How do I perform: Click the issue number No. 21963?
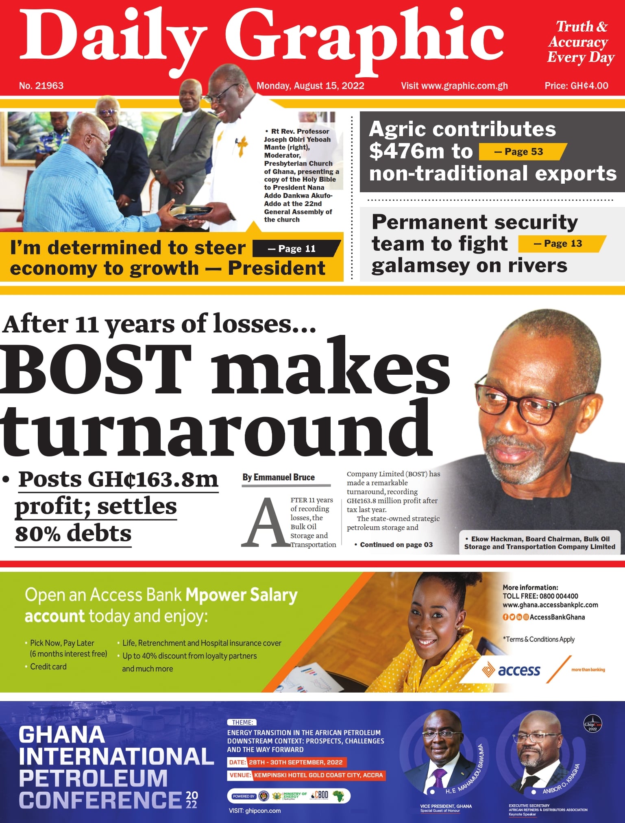tap(41, 86)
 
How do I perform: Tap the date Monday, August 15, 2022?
tap(310, 86)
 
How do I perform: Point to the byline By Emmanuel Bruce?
tap(279, 477)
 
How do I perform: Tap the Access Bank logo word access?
tap(519, 670)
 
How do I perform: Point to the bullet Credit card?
tap(48, 667)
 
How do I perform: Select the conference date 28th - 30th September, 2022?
tap(295, 762)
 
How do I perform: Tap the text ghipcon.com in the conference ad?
tap(263, 811)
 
